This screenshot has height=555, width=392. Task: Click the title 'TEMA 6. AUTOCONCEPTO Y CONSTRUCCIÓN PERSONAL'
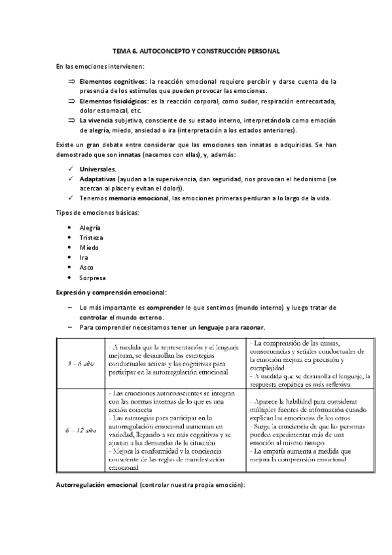(196, 50)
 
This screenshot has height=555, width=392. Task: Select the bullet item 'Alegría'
(90, 227)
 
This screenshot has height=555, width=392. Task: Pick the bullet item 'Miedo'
(89, 247)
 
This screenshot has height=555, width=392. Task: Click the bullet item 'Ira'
(83, 257)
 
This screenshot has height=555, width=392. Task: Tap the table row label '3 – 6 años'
(80, 363)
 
